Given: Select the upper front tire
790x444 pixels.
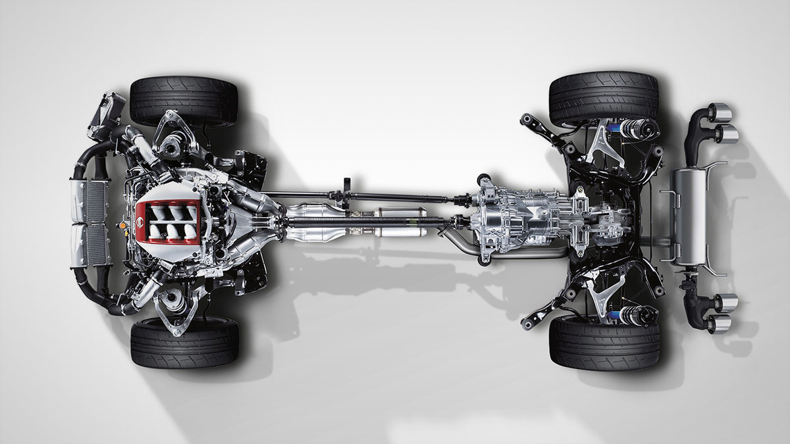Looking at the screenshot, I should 184,101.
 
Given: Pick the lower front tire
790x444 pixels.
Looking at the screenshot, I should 184,342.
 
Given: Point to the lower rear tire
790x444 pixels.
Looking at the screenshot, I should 604,342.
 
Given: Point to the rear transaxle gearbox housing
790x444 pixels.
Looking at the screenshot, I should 520,217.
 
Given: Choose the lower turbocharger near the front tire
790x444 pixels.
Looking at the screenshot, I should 173,300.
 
